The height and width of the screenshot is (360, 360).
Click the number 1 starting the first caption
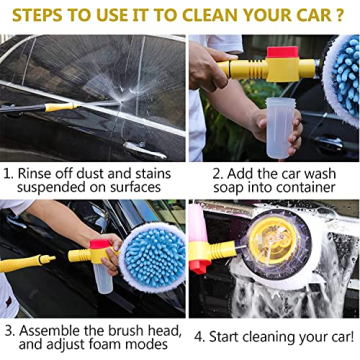pos(8,172)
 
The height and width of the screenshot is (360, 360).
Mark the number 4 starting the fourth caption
pos(199,336)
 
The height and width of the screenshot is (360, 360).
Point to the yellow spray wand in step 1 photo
pos(60,106)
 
